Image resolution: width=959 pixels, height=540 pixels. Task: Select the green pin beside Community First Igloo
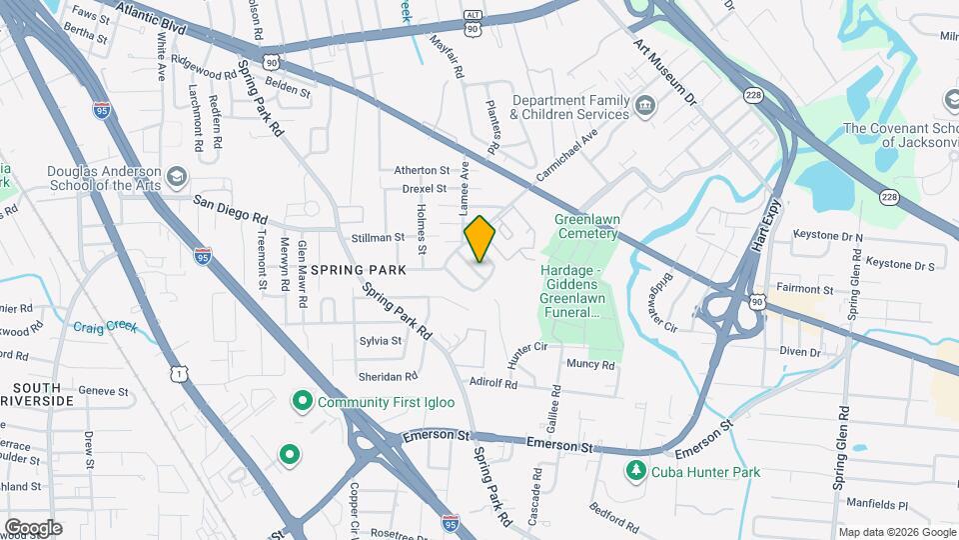302,402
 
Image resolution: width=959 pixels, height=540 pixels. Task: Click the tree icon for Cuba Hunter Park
635,471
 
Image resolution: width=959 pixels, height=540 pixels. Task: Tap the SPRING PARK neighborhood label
358,270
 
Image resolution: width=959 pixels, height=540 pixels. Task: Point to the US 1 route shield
178,374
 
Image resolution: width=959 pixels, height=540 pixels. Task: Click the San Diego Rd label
231,208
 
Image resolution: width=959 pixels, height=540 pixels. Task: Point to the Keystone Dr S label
899,266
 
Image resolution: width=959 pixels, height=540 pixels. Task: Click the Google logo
33,527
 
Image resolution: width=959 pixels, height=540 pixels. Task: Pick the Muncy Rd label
589,365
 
